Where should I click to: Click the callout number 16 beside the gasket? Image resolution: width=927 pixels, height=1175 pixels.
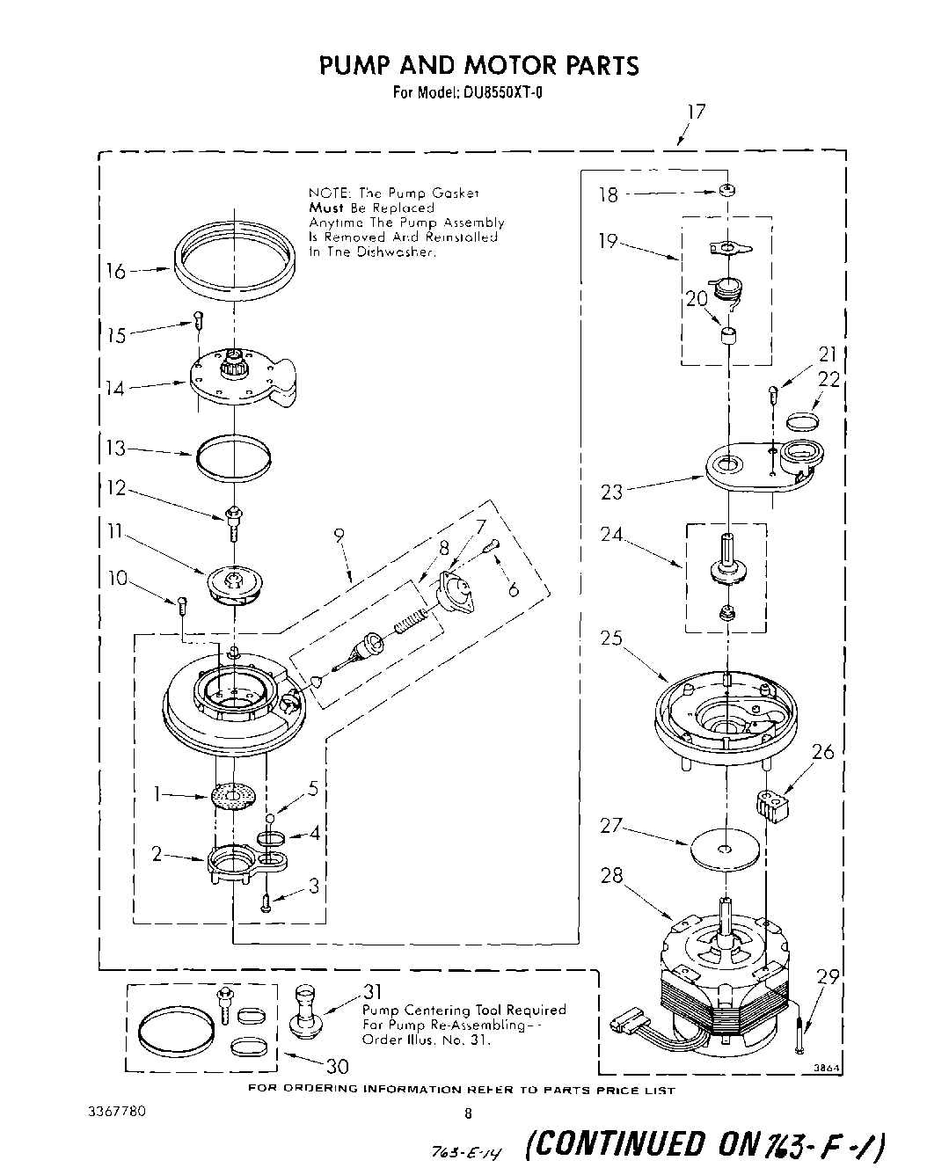coord(116,271)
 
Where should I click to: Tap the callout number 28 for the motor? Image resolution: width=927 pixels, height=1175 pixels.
coord(614,876)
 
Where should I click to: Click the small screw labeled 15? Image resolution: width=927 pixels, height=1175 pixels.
coord(199,320)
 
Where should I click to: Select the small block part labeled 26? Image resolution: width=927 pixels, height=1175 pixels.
coord(770,806)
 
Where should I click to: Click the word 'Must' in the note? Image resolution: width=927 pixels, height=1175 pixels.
coord(325,208)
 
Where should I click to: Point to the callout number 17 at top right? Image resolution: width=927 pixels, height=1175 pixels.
coord(696,113)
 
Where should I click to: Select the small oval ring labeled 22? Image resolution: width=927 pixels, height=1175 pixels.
coord(801,420)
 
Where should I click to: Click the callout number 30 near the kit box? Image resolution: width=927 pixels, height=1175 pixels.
coord(337,1066)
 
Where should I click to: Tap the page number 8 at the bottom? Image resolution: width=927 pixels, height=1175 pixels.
coord(468,1113)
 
